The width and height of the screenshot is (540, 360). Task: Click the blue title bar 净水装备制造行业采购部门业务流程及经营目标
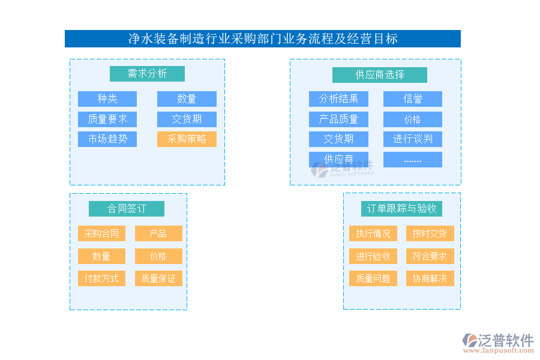pos(263,39)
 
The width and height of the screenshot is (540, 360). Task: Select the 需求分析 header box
pos(147,74)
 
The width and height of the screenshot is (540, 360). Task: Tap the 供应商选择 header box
pos(380,75)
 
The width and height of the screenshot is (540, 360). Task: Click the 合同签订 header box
pos(127,209)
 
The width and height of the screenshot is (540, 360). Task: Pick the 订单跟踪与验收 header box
pos(402,209)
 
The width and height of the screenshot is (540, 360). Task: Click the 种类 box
pos(107,99)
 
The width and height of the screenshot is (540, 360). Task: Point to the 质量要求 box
pos(107,119)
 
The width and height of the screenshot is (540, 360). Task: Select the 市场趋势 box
pos(107,139)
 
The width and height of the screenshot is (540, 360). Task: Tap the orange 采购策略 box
pos(187,139)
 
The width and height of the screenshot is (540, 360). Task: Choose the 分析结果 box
pos(338,99)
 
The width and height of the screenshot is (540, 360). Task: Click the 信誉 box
pos(413,99)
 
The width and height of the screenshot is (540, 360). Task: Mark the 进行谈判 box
pos(413,139)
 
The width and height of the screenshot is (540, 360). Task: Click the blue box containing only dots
pos(413,160)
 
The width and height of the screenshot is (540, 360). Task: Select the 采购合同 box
pos(101,233)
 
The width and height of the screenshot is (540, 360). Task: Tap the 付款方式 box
pos(101,278)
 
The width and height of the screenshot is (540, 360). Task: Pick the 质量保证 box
pos(158,278)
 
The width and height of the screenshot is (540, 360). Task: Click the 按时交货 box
pos(430,233)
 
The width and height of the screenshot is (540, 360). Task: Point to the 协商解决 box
pos(430,278)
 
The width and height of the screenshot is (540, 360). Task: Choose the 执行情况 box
pos(373,233)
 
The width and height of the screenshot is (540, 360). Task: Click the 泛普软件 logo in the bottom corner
pos(497,343)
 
